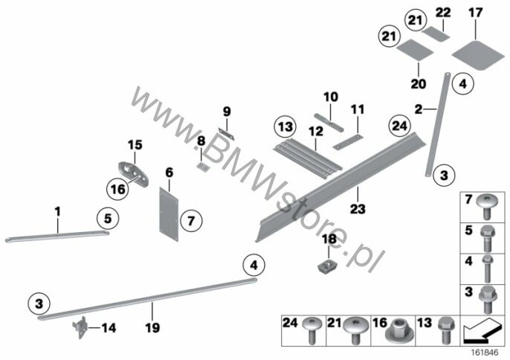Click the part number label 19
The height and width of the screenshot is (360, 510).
pos(152,327)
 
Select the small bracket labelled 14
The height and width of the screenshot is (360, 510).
pos(80,327)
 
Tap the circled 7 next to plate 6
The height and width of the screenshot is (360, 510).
pos(191,222)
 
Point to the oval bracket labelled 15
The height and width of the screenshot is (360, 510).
pos(133,173)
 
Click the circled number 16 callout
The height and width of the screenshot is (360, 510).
pos(117,189)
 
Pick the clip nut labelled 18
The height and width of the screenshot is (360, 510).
pos(327,266)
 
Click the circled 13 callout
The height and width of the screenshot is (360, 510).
pos(285,126)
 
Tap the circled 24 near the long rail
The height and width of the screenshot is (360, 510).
pos(400,126)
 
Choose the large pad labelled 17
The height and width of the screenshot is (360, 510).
pos(478,56)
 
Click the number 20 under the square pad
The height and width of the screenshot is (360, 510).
pos(419,84)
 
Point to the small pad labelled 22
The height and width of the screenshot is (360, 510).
pos(436,34)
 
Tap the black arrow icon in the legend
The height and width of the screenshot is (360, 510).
pos(482,331)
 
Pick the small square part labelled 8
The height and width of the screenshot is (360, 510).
pos(203,167)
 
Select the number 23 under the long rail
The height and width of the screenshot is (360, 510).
pos(358,209)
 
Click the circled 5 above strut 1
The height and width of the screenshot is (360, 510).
pos(108,218)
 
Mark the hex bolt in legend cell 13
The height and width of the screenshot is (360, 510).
pos(445,330)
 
